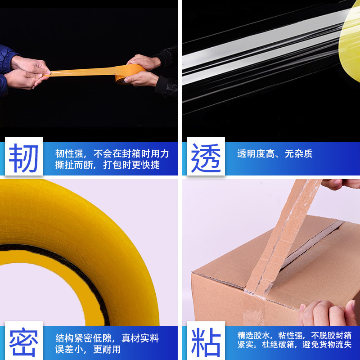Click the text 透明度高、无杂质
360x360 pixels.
tap(274, 154)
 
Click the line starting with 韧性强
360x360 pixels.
tap(112, 153)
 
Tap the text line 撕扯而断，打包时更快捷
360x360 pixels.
tap(107, 165)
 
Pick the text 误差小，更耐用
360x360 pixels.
tap(88, 349)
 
